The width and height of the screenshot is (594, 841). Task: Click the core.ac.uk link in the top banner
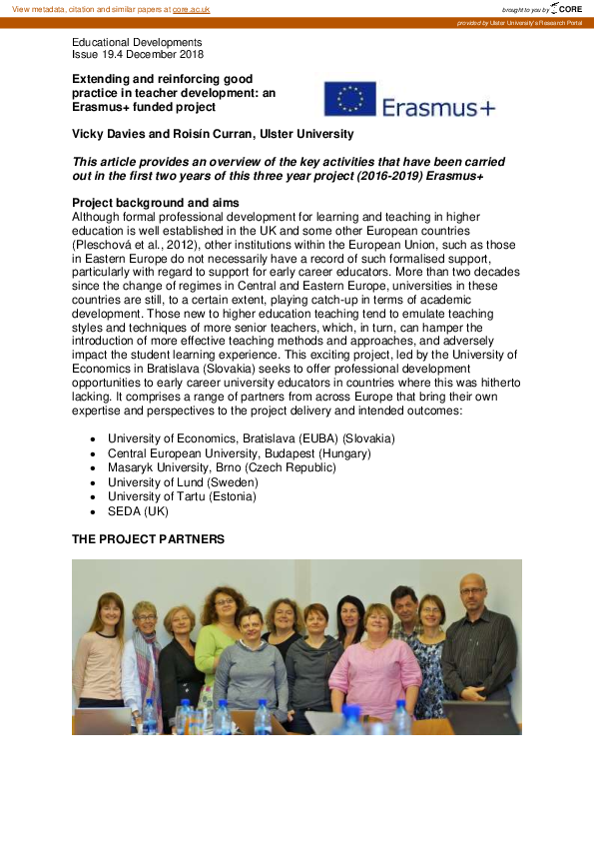click(x=193, y=9)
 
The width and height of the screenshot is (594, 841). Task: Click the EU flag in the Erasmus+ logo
click(x=349, y=100)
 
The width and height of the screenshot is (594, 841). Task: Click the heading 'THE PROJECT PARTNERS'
click(x=148, y=539)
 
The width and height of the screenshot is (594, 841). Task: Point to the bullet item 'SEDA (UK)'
click(x=138, y=511)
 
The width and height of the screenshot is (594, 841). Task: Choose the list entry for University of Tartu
click(x=182, y=496)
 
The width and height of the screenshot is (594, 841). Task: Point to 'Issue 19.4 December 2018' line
click(x=138, y=55)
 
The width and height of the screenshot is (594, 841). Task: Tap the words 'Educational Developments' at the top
click(x=137, y=42)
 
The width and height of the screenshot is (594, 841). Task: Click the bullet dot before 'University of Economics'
click(x=93, y=439)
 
